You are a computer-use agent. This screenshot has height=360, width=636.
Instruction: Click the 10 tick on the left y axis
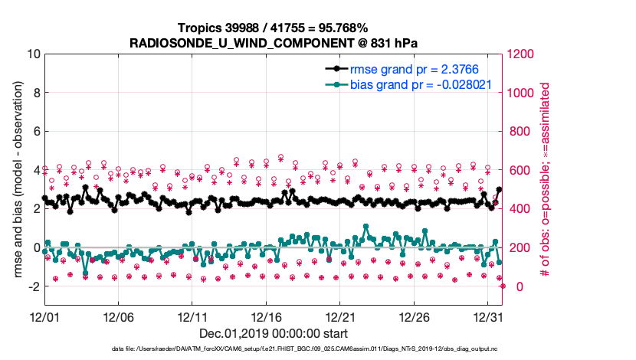(x=33, y=54)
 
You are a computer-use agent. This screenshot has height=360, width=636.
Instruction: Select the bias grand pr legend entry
(x=420, y=84)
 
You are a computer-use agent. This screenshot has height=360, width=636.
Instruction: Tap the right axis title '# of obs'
(x=546, y=181)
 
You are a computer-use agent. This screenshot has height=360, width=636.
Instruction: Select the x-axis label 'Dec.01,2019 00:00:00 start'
(x=273, y=333)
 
